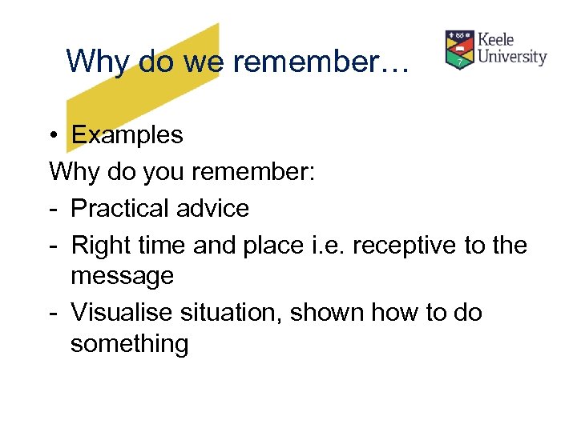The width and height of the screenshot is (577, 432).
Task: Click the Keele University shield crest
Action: point(459,50)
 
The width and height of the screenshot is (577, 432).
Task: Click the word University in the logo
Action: point(512,58)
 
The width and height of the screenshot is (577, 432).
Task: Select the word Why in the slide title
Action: point(92,60)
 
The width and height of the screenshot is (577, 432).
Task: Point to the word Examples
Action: point(127,135)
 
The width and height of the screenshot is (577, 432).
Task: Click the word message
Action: point(122,277)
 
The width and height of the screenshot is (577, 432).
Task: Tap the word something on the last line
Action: point(129,345)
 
